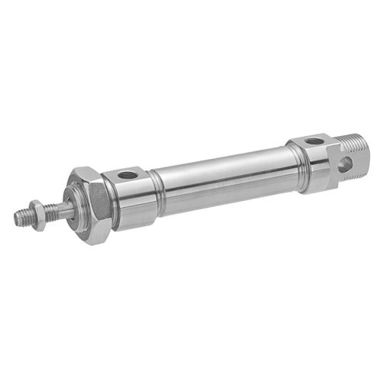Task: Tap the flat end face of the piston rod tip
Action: (x=16, y=219)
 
